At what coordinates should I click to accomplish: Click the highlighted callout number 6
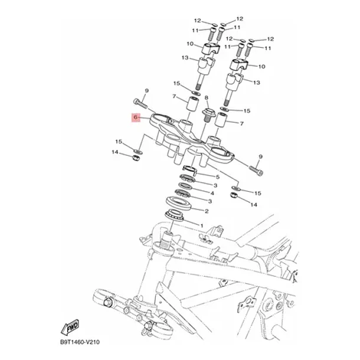[x=136, y=117]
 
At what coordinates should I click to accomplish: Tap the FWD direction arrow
[x=70, y=327]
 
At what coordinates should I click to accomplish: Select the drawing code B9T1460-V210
[x=80, y=342]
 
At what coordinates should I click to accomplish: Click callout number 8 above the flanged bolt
[x=207, y=98]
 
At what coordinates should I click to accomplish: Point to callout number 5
[x=217, y=177]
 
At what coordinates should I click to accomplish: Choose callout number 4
[x=212, y=193]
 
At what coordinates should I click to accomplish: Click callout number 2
[x=207, y=211]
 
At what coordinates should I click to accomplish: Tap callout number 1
[x=202, y=225]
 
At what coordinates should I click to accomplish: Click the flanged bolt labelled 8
[x=208, y=116]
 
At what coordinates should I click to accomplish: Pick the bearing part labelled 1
[x=174, y=215]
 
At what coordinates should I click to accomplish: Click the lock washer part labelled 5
[x=189, y=169]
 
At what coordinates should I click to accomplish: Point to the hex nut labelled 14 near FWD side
[x=136, y=158]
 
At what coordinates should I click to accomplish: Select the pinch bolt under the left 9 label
[x=140, y=103]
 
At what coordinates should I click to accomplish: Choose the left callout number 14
[x=115, y=152]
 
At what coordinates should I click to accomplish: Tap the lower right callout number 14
[x=253, y=204]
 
